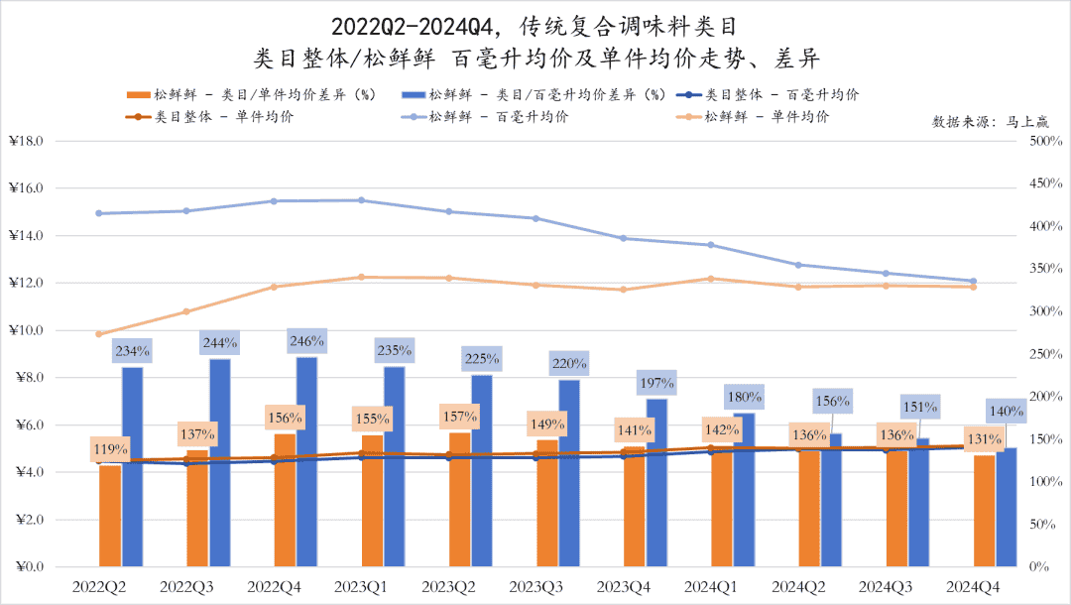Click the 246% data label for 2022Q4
[307, 341]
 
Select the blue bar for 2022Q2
[132, 466]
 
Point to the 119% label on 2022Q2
[109, 448]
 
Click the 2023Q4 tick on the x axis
[624, 587]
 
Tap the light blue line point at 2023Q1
[361, 200]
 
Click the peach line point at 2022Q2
[98, 334]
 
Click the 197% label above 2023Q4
[656, 382]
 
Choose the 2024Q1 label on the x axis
[711, 587]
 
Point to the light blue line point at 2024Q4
[973, 281]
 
